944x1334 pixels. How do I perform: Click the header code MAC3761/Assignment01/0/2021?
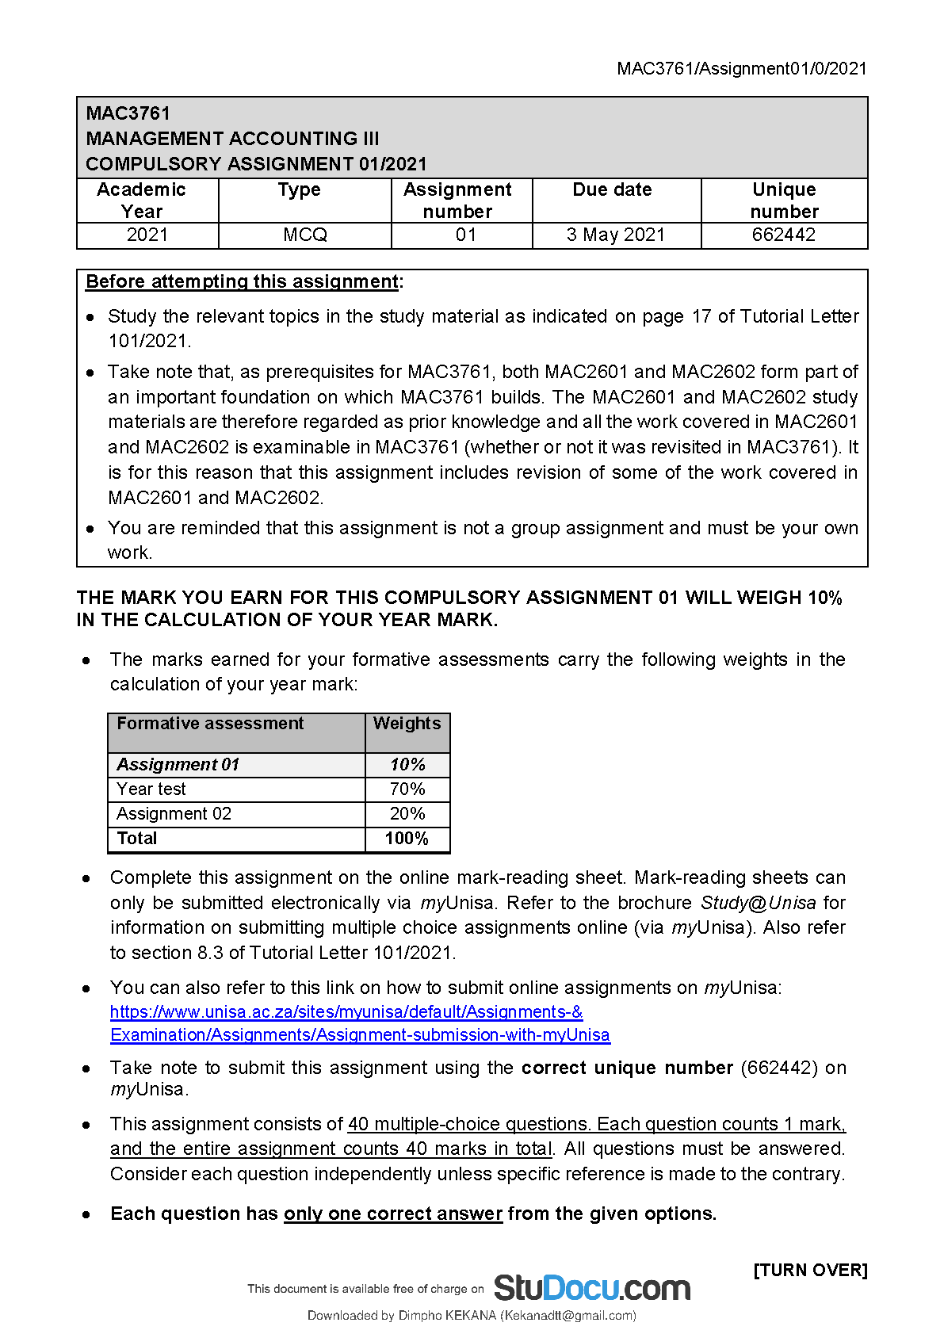[x=742, y=69]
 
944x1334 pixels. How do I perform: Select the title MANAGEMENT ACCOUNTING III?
[x=232, y=139]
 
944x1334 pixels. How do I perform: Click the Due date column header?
[x=612, y=190]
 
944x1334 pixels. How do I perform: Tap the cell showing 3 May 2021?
[x=616, y=235]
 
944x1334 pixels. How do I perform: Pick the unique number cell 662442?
[x=783, y=235]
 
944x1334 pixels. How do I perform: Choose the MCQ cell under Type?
[x=305, y=235]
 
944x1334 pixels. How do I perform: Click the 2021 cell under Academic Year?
[x=147, y=235]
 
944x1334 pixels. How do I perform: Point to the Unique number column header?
[x=784, y=201]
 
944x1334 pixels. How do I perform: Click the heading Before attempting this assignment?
[x=242, y=282]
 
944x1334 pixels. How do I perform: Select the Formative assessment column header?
[x=210, y=724]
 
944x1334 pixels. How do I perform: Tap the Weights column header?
[x=407, y=724]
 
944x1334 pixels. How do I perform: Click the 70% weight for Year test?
[x=407, y=789]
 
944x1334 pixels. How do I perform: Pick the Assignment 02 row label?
[x=174, y=814]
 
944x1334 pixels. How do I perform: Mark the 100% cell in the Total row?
[x=407, y=839]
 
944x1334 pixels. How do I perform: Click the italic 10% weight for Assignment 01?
[x=407, y=765]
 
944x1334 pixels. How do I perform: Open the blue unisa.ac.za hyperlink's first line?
[x=346, y=1012]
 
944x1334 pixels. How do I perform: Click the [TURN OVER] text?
[x=810, y=1271]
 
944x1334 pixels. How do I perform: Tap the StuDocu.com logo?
[x=591, y=1288]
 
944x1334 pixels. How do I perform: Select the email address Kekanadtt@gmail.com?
[x=568, y=1316]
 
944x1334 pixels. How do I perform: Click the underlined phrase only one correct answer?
[x=393, y=1214]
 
